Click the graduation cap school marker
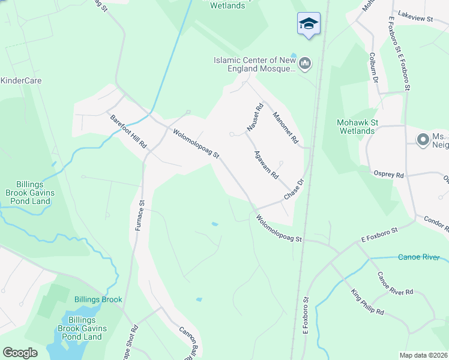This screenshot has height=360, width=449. [x=309, y=24]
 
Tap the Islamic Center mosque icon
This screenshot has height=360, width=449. [x=305, y=63]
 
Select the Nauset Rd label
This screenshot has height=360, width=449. [x=255, y=118]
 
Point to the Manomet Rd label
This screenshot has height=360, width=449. [x=285, y=127]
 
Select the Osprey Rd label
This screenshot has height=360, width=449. [x=391, y=175]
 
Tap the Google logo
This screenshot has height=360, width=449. [x=20, y=353]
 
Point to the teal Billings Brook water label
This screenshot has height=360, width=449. [x=98, y=299]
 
